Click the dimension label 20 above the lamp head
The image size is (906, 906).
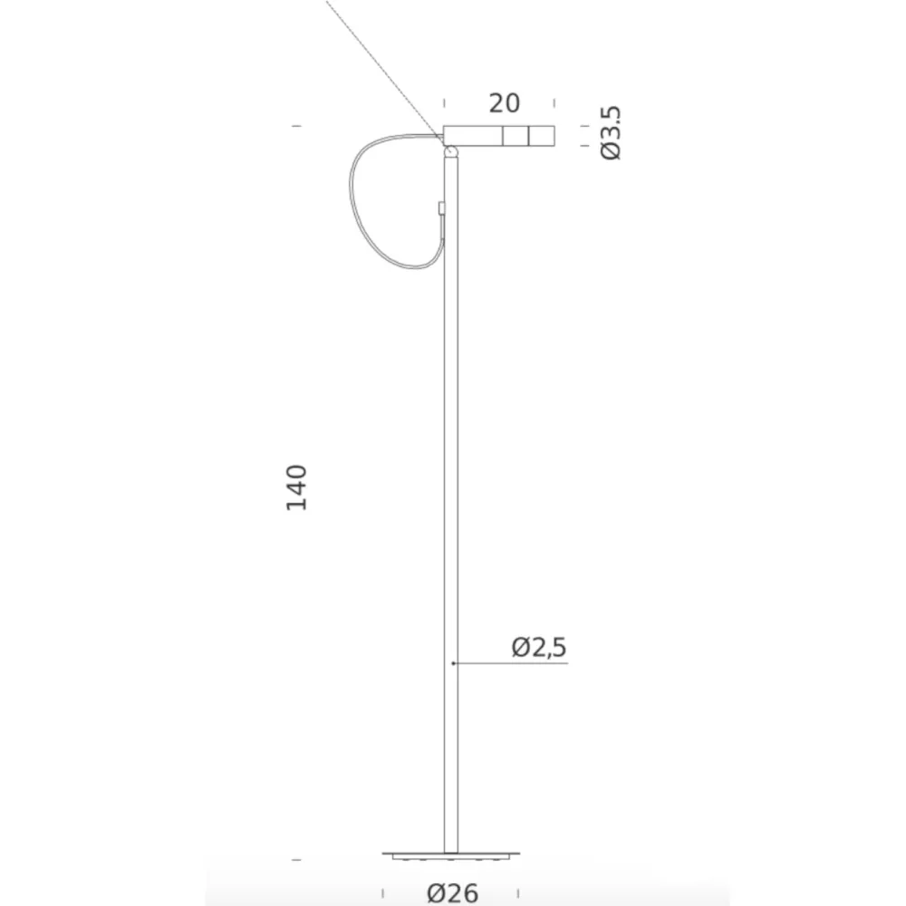[x=504, y=103]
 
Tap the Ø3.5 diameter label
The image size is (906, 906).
[x=611, y=132]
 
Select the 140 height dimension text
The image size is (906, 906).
[x=296, y=487]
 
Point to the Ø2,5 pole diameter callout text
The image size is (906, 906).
[x=538, y=647]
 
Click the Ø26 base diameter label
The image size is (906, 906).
[x=452, y=893]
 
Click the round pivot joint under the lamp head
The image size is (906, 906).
[x=450, y=151]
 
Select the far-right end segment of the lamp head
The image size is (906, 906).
[x=542, y=135]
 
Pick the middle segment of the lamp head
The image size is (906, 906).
[x=516, y=135]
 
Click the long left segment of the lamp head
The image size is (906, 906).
[x=473, y=135]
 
